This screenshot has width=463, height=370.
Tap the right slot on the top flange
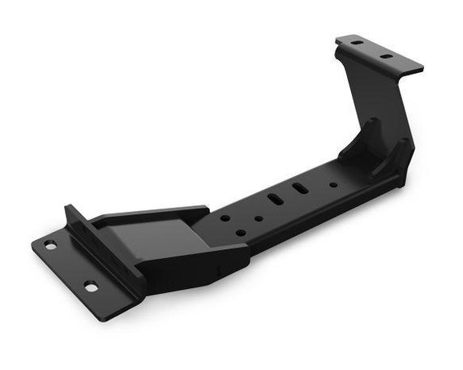(387, 56)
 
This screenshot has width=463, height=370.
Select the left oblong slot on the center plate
(274, 199)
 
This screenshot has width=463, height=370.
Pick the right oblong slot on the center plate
(300, 188)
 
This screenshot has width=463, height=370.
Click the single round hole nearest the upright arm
(333, 184)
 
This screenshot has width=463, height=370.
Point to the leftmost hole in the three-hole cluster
(223, 217)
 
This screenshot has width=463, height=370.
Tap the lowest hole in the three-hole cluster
(241, 233)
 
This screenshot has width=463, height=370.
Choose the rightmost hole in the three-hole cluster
(259, 217)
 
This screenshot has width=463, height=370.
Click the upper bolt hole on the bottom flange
(50, 245)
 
